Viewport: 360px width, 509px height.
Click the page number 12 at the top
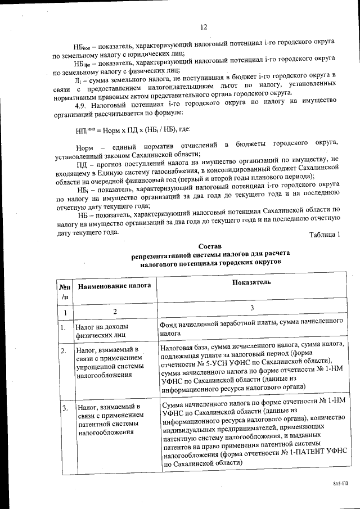coord(204,27)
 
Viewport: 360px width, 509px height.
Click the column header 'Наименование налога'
coord(114,286)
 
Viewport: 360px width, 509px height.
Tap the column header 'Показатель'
coord(251,282)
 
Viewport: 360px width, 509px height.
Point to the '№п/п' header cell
coord(65,291)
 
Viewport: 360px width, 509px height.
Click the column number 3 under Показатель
coord(252,308)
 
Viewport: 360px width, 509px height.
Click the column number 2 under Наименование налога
coord(115,311)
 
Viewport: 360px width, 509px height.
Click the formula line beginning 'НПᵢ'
coord(129,130)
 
